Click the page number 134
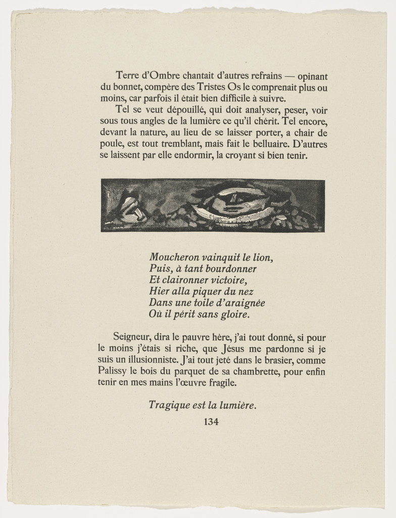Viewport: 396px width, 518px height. [211, 422]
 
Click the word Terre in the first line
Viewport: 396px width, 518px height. [126, 76]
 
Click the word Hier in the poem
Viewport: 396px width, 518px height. [159, 292]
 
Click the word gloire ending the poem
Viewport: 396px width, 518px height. [235, 315]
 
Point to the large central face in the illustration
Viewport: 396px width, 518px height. [235, 201]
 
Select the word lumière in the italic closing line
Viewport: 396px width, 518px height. [236, 405]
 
